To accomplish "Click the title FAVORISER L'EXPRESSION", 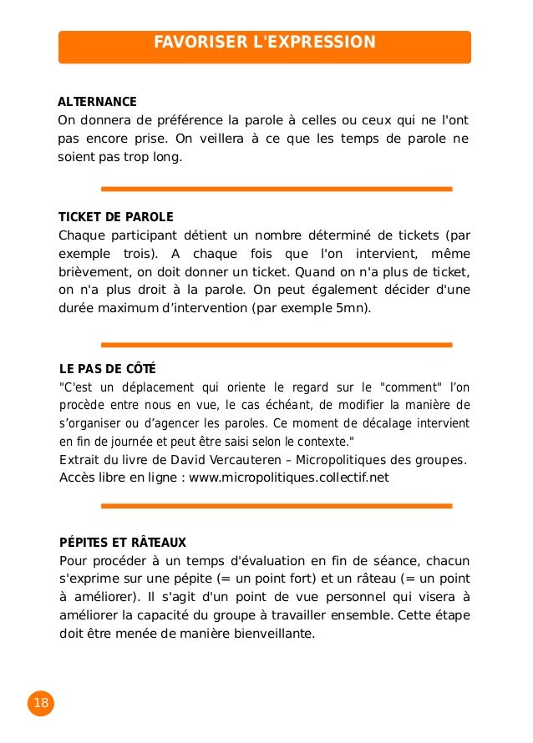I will point(264,43).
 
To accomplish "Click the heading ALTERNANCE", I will point(97,102).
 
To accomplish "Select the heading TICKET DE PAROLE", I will point(116,217).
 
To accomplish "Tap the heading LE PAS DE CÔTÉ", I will point(108,369).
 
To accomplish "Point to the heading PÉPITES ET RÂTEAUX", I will point(122,542).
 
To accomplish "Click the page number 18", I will point(40,704).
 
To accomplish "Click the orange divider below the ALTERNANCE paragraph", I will point(276,189).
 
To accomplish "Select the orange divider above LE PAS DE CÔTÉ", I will point(276,344).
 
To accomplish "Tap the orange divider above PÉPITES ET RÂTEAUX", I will point(276,506).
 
